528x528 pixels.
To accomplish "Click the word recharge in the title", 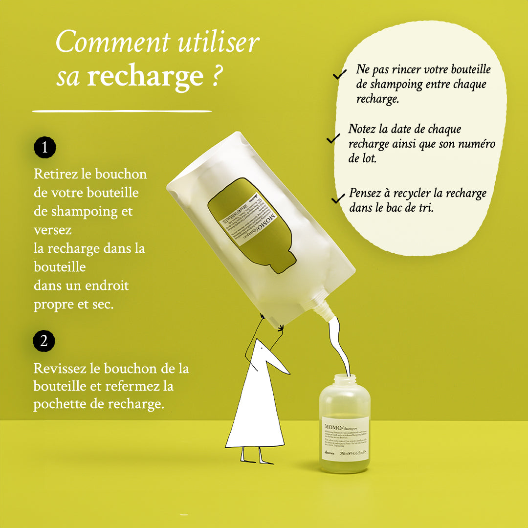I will pos(145,76).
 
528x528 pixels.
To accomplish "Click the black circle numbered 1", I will pos(45,148).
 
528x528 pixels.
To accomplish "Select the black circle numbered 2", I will pos(44,341).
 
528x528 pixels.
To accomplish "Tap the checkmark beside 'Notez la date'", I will pos(333,139).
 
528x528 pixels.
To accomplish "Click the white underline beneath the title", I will pos(122,111).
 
